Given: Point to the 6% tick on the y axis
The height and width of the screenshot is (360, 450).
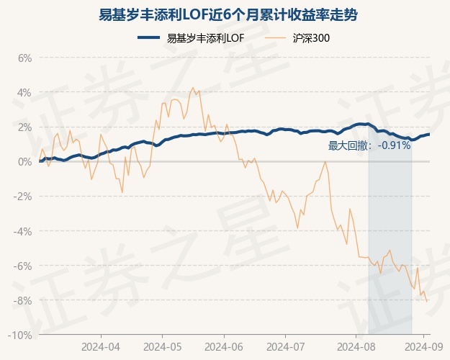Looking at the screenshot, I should coord(24,58).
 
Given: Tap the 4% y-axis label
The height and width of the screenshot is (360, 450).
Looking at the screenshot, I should coord(24,92).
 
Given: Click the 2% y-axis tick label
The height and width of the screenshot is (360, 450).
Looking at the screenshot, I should coord(24,127).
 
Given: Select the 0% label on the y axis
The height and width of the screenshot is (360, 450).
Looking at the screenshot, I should coord(24,161).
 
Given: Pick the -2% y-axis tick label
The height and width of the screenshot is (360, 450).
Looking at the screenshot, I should coord(22,196).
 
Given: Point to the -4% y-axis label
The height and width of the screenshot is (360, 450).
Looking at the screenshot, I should coord(22,231).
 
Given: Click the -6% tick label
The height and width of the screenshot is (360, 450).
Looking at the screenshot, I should coord(22,266).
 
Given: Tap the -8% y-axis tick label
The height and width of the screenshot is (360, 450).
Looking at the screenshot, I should coord(22,300).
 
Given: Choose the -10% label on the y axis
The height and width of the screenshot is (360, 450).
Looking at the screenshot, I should coord(20,335).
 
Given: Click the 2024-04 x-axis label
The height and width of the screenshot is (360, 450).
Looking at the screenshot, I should coord(100,346).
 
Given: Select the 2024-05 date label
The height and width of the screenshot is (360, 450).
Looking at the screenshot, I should coord(162,346).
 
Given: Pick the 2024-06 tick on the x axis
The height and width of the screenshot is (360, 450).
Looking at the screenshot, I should coord(224,346).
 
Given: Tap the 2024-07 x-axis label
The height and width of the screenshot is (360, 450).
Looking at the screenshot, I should coord(285,346).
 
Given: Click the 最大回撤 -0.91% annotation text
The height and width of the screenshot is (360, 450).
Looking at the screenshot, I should coord(369,145).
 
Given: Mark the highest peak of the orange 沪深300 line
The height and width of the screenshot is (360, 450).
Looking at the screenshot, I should coord(192,88).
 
